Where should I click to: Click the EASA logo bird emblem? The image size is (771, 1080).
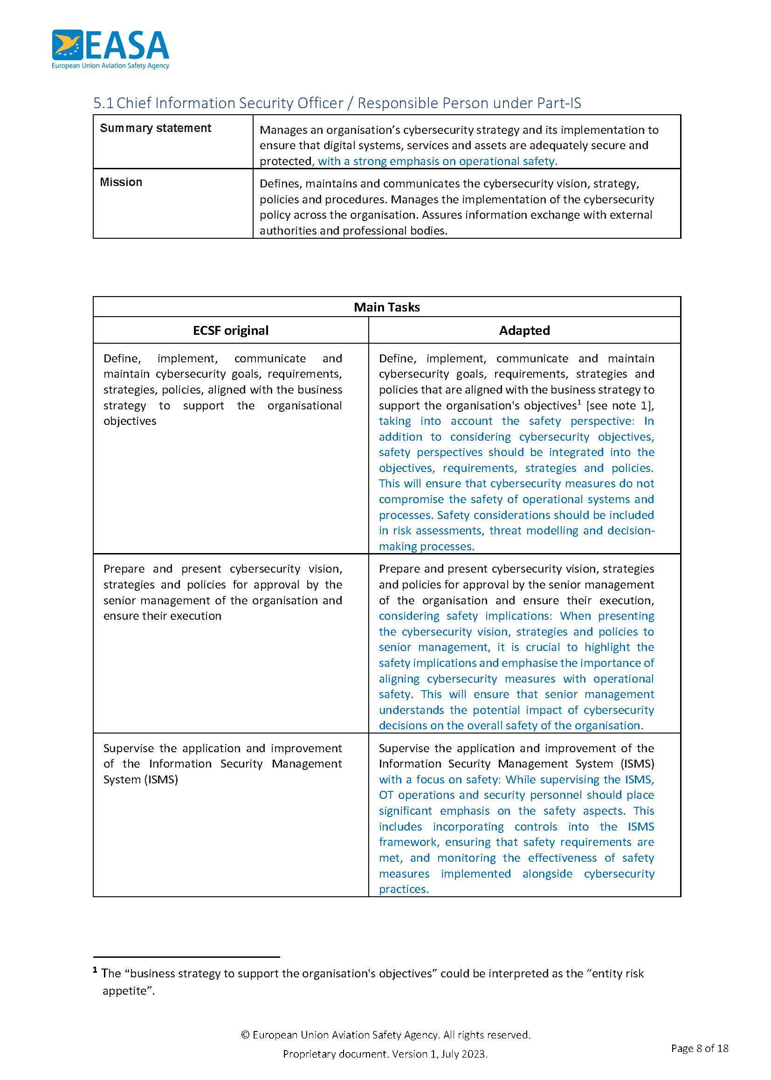[68, 45]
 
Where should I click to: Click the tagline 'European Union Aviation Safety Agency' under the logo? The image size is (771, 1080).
[110, 66]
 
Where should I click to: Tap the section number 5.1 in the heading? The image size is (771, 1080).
[103, 103]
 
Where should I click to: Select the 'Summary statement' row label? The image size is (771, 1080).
[155, 128]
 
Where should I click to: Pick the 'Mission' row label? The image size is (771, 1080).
[121, 182]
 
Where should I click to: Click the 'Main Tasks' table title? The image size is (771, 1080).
[386, 307]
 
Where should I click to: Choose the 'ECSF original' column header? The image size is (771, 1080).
[230, 331]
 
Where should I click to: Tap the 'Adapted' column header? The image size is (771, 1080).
[524, 331]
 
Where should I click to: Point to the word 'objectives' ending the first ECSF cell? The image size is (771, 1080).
[130, 421]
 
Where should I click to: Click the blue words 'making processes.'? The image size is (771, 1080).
[427, 547]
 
